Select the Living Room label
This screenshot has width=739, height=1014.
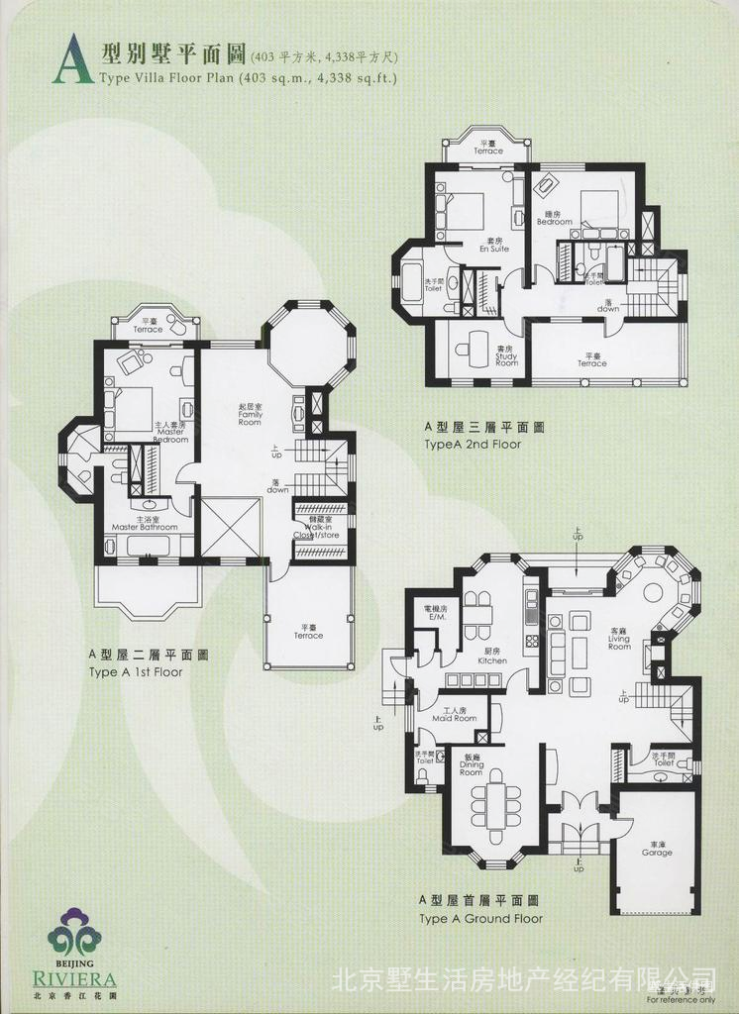coord(619,641)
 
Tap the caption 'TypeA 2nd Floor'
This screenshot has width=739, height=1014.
coord(473,445)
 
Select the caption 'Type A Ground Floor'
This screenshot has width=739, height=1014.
coord(480,918)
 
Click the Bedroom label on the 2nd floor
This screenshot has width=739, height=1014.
coord(555,219)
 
